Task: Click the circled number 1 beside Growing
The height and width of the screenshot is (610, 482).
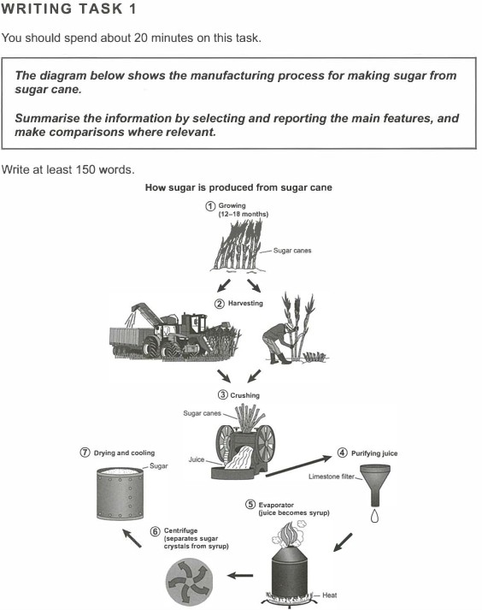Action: pyautogui.click(x=210, y=206)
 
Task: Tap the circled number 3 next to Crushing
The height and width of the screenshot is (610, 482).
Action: pyautogui.click(x=222, y=395)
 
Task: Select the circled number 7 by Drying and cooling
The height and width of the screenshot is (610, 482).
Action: pyautogui.click(x=85, y=453)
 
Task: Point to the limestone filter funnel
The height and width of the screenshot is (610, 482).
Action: pyautogui.click(x=375, y=485)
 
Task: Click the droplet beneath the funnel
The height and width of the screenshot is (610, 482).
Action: pyautogui.click(x=374, y=516)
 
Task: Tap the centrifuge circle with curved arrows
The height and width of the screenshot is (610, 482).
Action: pyautogui.click(x=190, y=581)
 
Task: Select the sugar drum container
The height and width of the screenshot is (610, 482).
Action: pyautogui.click(x=120, y=494)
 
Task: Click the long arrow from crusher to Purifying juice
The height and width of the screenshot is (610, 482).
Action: pyautogui.click(x=298, y=465)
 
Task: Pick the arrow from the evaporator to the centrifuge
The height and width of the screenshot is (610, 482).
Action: pyautogui.click(x=240, y=575)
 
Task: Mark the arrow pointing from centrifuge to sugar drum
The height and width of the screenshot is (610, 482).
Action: pyautogui.click(x=132, y=537)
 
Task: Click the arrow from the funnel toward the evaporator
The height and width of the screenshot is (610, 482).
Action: pyautogui.click(x=343, y=542)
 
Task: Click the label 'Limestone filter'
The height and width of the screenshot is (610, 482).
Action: pyautogui.click(x=332, y=477)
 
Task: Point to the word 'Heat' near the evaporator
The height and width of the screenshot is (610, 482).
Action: pyautogui.click(x=330, y=595)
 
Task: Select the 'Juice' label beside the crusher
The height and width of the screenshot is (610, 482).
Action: pyautogui.click(x=197, y=459)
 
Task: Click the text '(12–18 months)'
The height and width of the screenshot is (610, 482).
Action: pyautogui.click(x=244, y=214)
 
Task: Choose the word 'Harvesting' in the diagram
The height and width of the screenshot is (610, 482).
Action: pyautogui.click(x=245, y=303)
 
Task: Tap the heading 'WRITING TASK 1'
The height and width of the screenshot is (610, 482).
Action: pyautogui.click(x=69, y=9)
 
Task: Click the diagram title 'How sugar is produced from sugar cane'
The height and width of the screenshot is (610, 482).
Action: pyautogui.click(x=238, y=187)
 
